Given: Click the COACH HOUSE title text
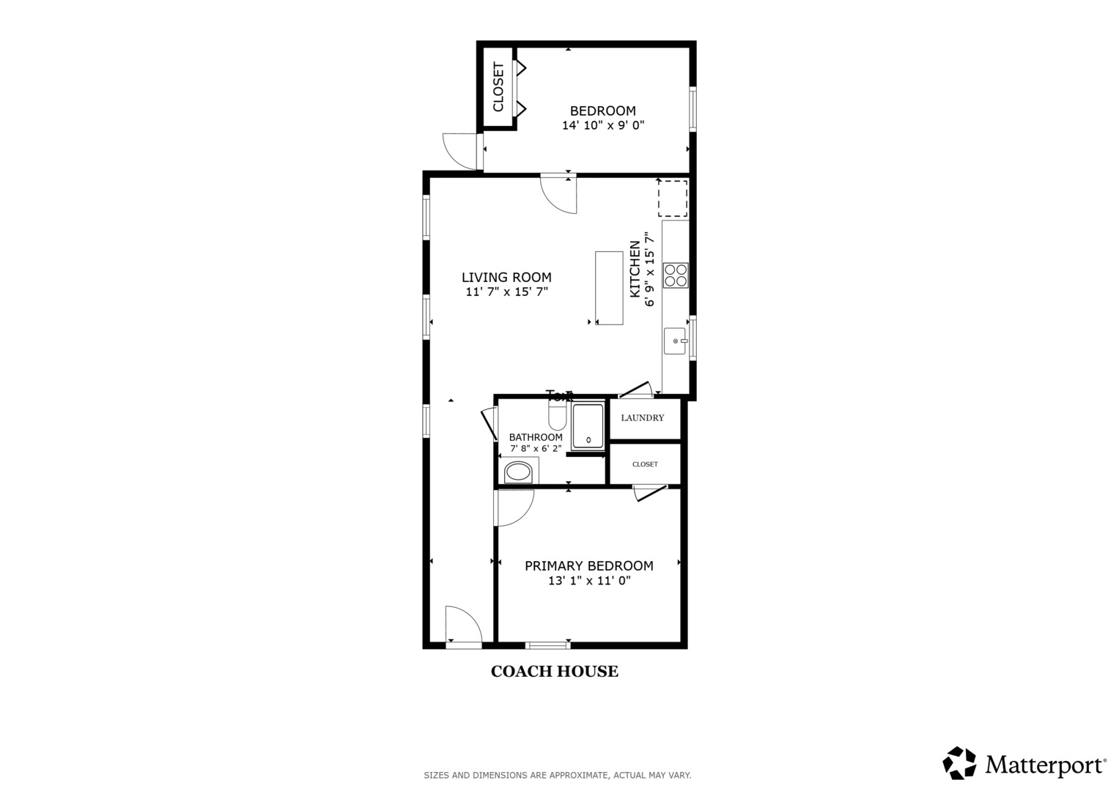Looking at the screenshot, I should click(x=554, y=671).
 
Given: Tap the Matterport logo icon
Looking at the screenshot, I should click(x=959, y=763).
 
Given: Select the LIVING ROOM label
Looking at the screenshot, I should click(x=506, y=278).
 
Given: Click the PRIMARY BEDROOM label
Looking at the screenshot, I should click(x=588, y=565).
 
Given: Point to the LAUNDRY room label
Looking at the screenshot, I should click(x=642, y=418).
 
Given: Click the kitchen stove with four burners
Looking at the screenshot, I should click(x=675, y=275).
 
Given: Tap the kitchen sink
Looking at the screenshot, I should click(x=674, y=341).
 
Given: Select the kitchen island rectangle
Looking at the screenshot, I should click(x=609, y=288).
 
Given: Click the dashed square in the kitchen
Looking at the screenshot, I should click(x=672, y=198).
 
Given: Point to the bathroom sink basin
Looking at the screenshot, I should click(x=519, y=472).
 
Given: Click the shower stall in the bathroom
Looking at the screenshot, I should click(x=588, y=426).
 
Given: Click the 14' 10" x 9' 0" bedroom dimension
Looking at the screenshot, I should click(x=602, y=125).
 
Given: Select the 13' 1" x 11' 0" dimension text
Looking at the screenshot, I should click(x=589, y=581).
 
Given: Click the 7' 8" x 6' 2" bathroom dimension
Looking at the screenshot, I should click(x=536, y=448).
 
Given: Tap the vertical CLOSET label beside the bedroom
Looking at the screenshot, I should click(x=498, y=87).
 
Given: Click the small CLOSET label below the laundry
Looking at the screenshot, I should click(x=645, y=464).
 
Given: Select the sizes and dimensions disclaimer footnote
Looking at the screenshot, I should click(x=557, y=775).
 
